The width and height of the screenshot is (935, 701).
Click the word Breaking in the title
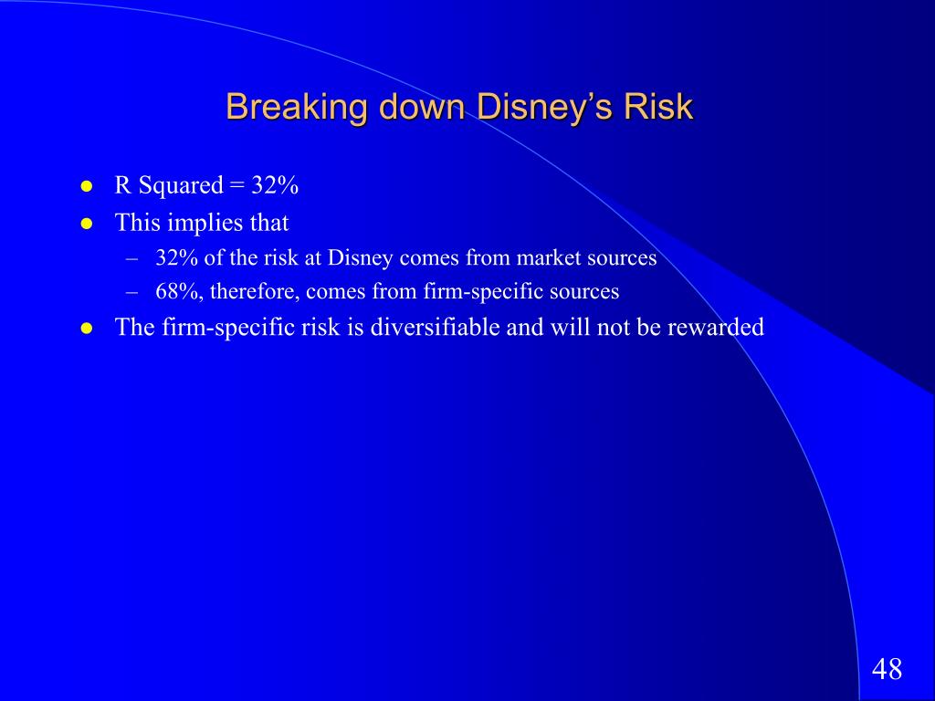297,108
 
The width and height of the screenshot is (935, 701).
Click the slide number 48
887,669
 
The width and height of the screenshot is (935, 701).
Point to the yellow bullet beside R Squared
87,186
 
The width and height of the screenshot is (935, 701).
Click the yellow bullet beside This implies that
87,224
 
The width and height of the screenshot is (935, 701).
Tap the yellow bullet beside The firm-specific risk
87,328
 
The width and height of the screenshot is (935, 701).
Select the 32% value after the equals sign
275,184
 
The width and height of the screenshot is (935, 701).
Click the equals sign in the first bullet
236,186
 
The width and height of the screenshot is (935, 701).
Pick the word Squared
181,186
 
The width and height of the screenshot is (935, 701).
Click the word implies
205,224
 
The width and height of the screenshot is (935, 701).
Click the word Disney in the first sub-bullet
360,258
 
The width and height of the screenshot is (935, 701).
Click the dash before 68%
131,293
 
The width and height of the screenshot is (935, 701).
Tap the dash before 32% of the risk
131,259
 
